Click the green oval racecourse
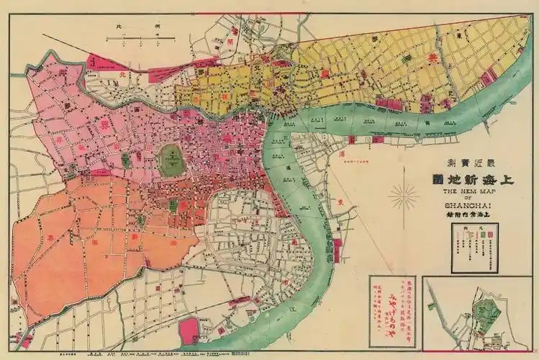(171, 155)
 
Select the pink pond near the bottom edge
(189, 330)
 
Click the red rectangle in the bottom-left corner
(27, 338)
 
